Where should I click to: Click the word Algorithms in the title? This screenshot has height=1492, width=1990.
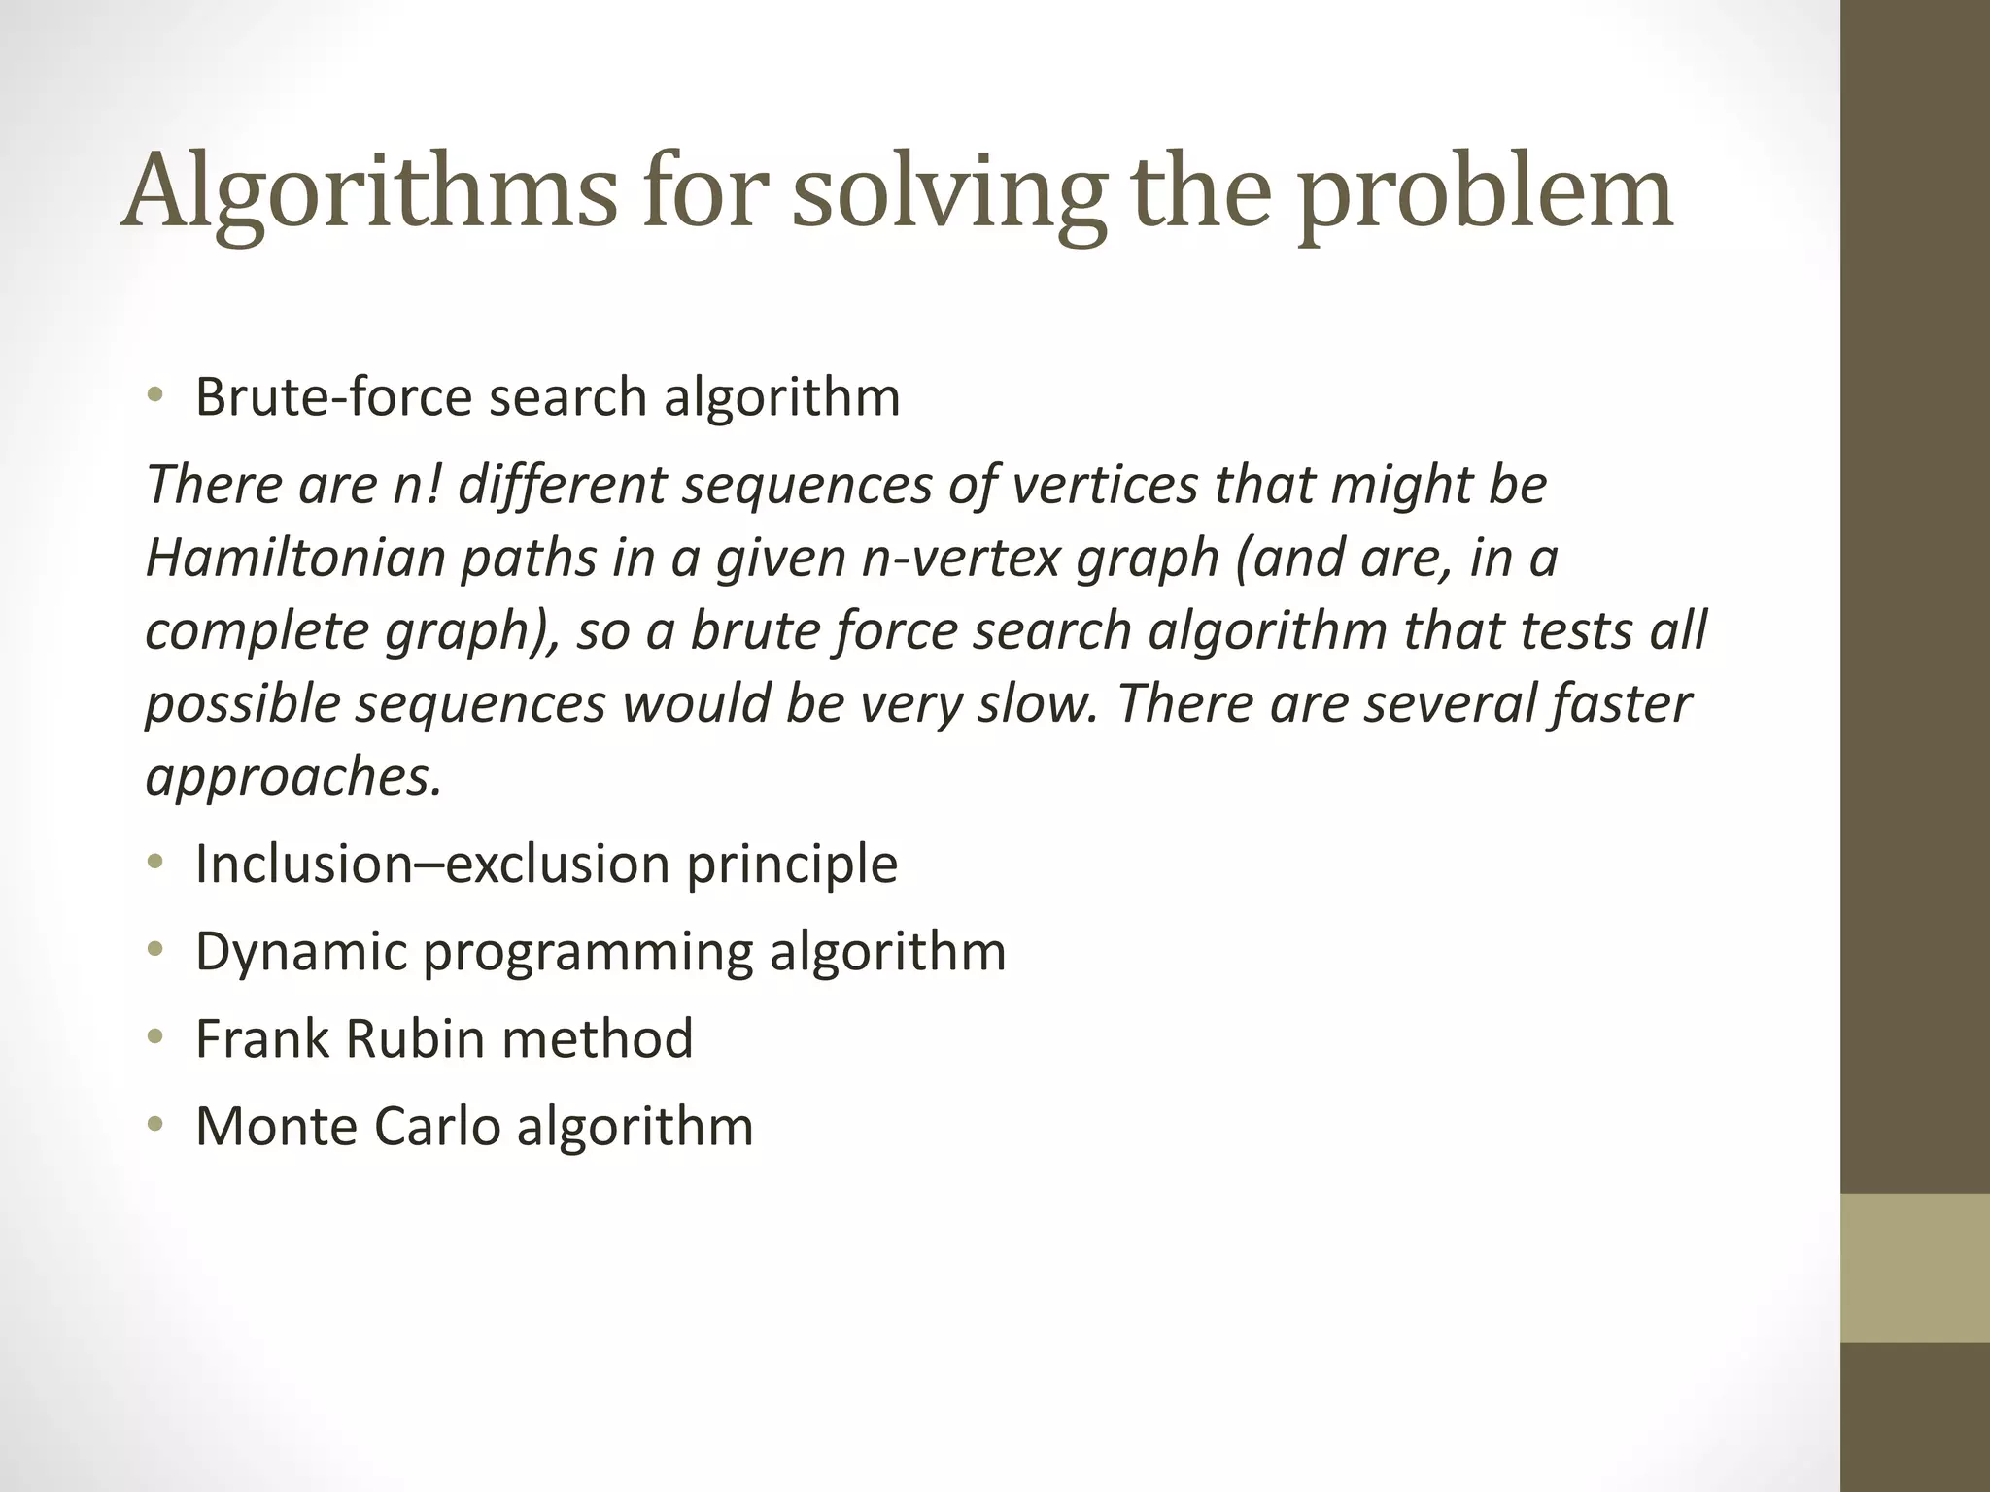[x=369, y=191]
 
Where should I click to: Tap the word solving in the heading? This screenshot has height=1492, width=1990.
[x=948, y=191]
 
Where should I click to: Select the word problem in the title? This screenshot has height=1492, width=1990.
[x=1486, y=191]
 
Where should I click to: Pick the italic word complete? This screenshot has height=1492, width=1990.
[x=257, y=630]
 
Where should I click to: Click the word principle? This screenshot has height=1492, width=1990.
[x=792, y=864]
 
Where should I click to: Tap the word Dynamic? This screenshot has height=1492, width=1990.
[x=300, y=951]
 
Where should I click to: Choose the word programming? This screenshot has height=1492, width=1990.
[x=587, y=951]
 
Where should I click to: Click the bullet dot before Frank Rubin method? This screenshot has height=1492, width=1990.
[x=155, y=1038]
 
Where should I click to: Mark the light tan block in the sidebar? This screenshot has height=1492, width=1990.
[x=1915, y=1268]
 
